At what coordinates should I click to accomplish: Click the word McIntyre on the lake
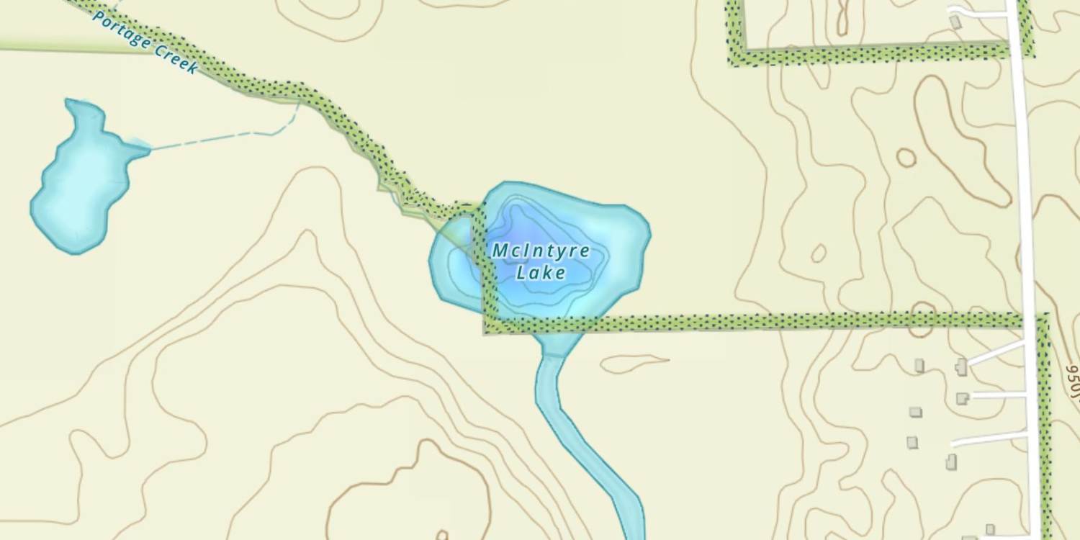(x=541, y=251)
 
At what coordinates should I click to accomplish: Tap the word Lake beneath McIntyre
(x=541, y=273)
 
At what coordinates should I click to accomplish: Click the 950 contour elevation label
(x=1073, y=380)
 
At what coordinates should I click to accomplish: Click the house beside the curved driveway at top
(x=955, y=23)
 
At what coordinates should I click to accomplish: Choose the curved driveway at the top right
(x=979, y=12)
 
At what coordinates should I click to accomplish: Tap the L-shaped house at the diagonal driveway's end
(x=962, y=367)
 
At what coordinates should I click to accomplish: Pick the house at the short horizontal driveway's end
(x=962, y=398)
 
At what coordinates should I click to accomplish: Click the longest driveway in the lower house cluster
(x=990, y=437)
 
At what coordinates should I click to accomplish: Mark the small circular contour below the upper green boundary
(x=906, y=157)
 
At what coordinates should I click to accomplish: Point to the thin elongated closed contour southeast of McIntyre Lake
(x=634, y=363)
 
